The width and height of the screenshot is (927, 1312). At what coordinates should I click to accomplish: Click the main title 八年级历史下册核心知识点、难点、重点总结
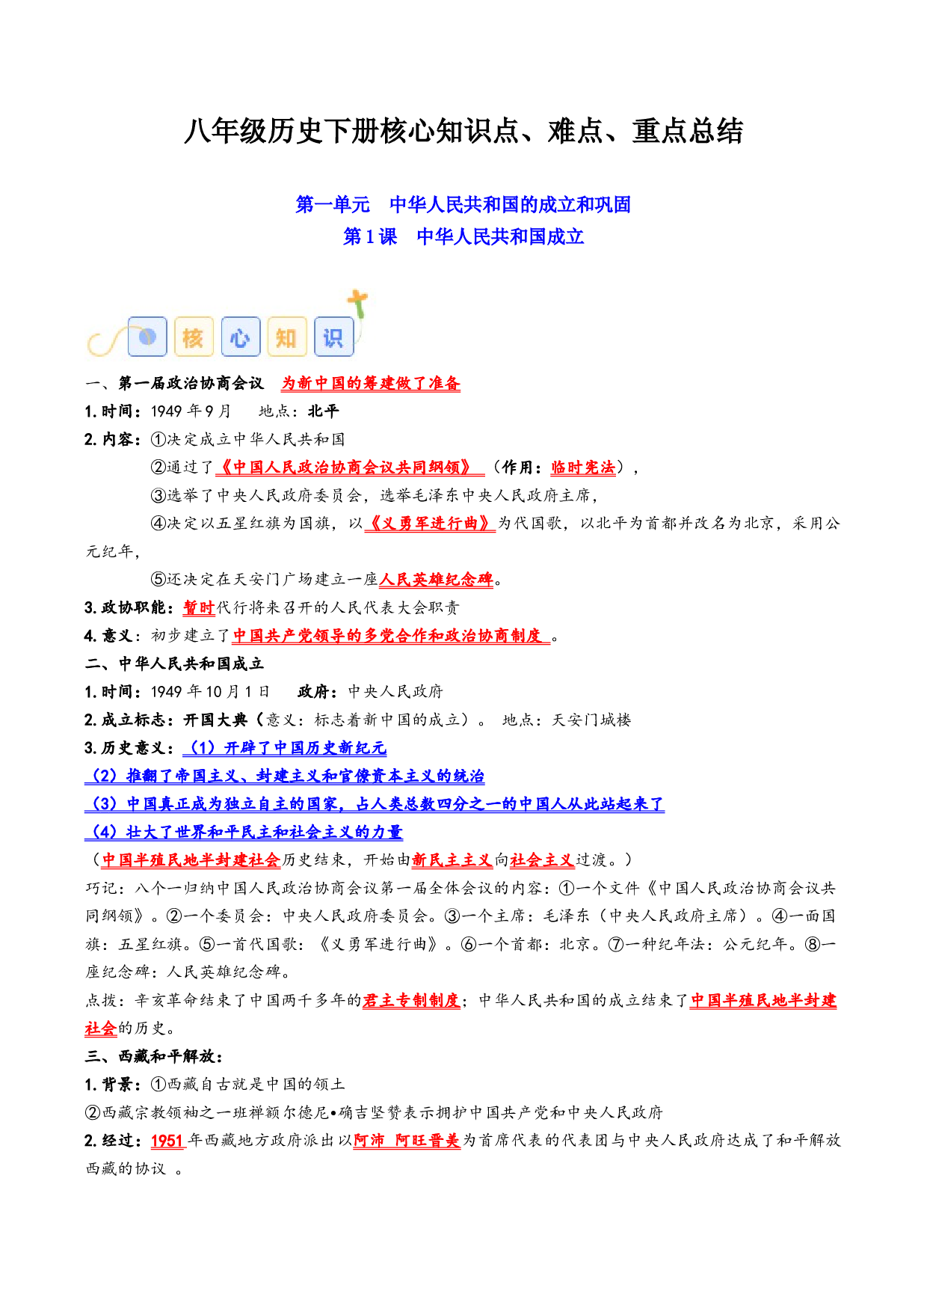click(x=463, y=132)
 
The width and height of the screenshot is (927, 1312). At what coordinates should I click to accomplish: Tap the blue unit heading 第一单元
click(x=333, y=204)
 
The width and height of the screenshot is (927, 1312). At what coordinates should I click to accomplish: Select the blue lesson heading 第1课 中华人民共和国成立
click(x=463, y=236)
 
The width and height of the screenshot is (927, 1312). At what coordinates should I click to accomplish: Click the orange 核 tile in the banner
click(x=194, y=337)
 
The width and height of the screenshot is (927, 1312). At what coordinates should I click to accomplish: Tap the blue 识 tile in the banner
click(x=333, y=337)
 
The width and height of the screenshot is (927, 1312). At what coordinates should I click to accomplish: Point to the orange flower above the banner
click(x=358, y=303)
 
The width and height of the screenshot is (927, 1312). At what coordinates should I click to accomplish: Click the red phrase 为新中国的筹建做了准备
click(x=371, y=383)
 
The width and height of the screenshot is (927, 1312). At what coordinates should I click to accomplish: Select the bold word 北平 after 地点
click(x=324, y=411)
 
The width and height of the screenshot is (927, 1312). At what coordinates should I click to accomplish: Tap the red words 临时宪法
click(x=583, y=468)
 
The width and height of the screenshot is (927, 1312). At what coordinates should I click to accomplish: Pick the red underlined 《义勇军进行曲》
click(x=430, y=524)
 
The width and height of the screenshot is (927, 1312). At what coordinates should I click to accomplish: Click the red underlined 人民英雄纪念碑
click(x=437, y=580)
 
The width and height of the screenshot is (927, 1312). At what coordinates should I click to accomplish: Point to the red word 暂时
click(x=199, y=607)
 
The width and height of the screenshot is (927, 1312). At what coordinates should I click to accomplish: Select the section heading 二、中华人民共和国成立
click(x=174, y=663)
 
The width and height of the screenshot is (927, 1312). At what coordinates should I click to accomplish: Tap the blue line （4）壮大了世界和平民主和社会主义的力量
click(x=244, y=832)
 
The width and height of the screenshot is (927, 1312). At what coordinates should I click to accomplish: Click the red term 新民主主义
click(x=452, y=860)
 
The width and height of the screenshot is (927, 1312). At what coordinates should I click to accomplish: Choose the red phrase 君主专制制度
click(x=411, y=1000)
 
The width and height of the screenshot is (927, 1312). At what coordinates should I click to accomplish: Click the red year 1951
click(x=167, y=1141)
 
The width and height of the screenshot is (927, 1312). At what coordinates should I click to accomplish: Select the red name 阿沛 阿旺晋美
click(x=407, y=1141)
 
